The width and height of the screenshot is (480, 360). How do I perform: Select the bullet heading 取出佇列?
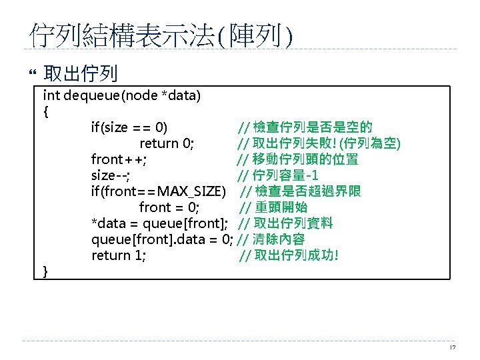80,73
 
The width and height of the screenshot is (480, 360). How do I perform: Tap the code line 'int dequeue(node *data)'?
122,95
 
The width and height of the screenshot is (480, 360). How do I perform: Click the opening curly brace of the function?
45,111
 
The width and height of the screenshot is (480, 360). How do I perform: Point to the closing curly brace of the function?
45,271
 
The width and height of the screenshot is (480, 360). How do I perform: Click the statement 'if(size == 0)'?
129,127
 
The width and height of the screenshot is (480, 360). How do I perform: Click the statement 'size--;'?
111,175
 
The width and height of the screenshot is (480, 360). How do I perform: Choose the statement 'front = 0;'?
169,207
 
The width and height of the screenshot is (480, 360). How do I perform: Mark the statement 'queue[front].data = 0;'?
162,239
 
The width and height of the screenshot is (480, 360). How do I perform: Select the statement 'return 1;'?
119,255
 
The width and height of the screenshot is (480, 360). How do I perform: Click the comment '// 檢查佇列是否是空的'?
305,127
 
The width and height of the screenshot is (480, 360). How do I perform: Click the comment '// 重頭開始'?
273,207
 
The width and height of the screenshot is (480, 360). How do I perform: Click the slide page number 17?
453,347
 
